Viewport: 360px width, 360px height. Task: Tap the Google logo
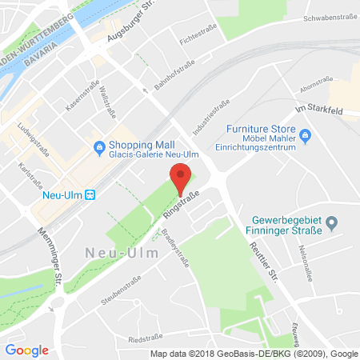(x=26, y=350)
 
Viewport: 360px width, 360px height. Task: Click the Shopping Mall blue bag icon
(x=99, y=146)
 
